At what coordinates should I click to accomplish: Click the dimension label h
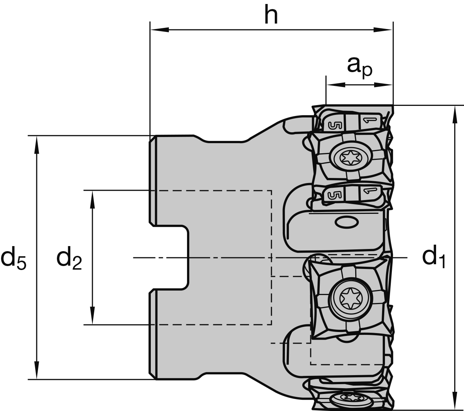point(271,15)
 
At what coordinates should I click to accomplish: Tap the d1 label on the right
point(433,257)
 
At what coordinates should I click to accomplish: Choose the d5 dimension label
point(13,258)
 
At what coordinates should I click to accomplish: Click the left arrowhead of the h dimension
point(159,29)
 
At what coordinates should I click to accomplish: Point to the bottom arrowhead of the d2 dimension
point(93,316)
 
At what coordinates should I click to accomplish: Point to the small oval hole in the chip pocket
point(345,222)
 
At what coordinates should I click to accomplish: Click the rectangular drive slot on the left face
point(170,258)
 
